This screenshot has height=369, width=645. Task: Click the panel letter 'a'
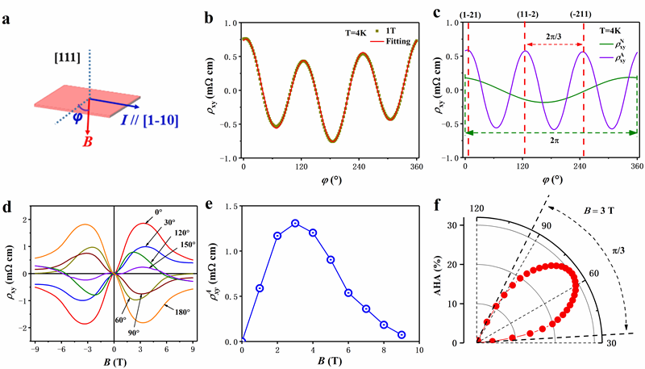coord(7,14)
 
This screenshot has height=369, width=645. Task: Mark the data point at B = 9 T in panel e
coord(401,334)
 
